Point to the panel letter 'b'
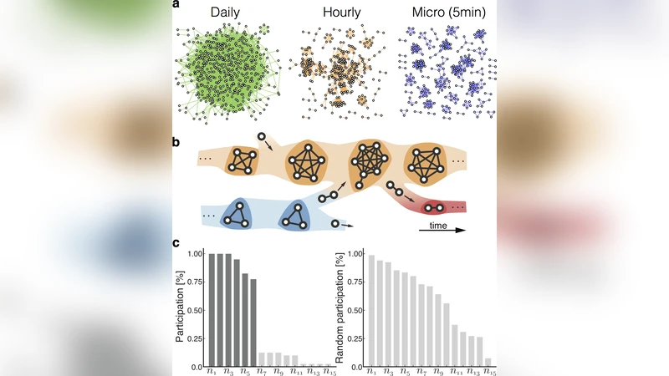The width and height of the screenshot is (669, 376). pyautogui.click(x=176, y=142)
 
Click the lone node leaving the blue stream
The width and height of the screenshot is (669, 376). pyautogui.click(x=336, y=224)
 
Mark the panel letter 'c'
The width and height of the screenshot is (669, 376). pyautogui.click(x=176, y=244)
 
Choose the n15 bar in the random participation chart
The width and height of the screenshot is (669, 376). pyautogui.click(x=488, y=363)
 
